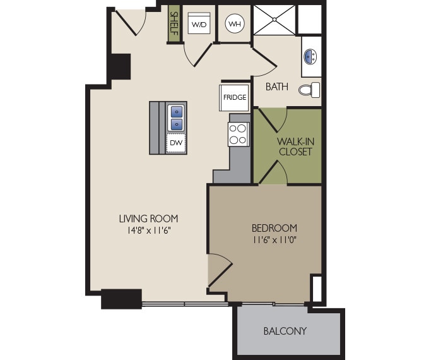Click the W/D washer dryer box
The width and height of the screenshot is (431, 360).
199,25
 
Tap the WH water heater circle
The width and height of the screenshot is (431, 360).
235,24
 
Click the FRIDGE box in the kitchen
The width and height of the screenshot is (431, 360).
234,97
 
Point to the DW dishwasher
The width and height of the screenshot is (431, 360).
175,143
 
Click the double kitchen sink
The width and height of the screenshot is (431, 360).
176,117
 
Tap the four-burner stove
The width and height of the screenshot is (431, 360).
238,134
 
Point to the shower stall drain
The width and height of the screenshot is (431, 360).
275,19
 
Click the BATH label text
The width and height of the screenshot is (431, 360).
276,87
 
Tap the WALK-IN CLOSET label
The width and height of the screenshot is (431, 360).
295,147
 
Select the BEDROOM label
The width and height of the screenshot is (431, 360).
274,228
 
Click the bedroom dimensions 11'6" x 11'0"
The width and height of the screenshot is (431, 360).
274,239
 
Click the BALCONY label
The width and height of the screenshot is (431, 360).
285,331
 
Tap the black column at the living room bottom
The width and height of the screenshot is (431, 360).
121,298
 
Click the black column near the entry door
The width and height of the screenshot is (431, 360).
119,66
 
